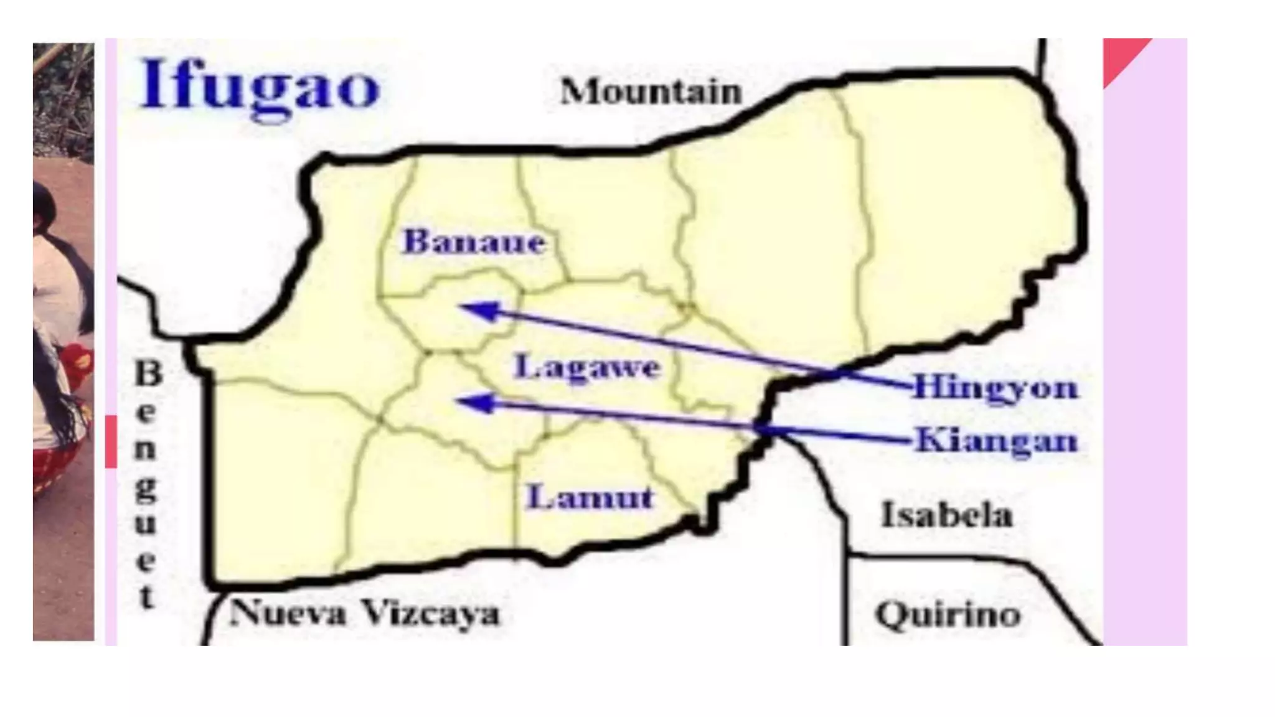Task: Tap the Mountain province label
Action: pyautogui.click(x=651, y=92)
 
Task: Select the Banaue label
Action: pyautogui.click(x=474, y=241)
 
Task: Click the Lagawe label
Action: pyautogui.click(x=586, y=367)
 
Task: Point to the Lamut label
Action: pyautogui.click(x=590, y=497)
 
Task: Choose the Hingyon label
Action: pyautogui.click(x=995, y=388)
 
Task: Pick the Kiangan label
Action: pyautogui.click(x=996, y=441)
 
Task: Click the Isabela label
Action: pyautogui.click(x=946, y=515)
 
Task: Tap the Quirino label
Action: pyautogui.click(x=948, y=615)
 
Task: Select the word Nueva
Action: pyautogui.click(x=288, y=614)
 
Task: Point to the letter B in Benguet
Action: pyautogui.click(x=148, y=373)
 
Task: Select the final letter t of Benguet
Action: pyautogui.click(x=147, y=597)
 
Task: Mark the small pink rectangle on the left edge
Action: pyautogui.click(x=111, y=441)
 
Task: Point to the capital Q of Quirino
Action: pyautogui.click(x=892, y=615)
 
